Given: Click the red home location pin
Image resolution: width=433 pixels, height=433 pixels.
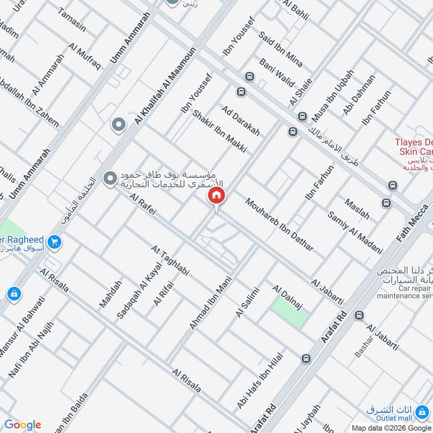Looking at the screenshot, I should pos(216,196).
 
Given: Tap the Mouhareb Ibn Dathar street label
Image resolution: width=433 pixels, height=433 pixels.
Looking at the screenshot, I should pos(279,226).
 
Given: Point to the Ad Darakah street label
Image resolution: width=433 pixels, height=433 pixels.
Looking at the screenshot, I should pos(241,120).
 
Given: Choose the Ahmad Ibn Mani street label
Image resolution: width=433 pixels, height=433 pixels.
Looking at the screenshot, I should pos(207,303).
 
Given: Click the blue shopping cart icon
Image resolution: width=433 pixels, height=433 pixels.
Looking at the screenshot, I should pos(54,242).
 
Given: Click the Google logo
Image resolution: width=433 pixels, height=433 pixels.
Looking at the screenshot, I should pos(22,425).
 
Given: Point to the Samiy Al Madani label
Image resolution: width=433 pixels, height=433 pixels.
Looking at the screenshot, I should pos(355,233).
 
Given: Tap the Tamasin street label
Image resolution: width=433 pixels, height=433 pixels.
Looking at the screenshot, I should pos(71,21).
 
